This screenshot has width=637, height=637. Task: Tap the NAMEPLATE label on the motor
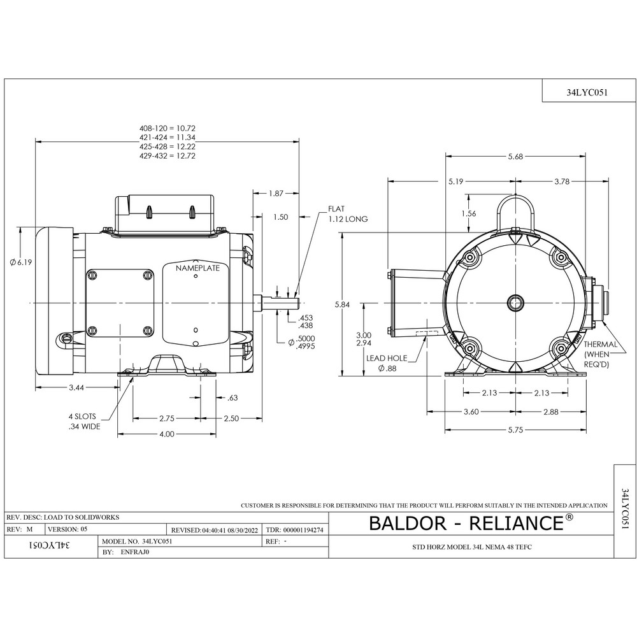197,268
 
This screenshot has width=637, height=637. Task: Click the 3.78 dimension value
562,182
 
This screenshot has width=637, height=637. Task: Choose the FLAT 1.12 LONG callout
348,214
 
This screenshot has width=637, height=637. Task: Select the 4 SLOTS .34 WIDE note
84,422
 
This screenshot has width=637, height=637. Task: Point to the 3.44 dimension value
76,387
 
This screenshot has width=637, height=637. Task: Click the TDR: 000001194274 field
294,529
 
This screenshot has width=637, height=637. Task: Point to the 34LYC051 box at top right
587,91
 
